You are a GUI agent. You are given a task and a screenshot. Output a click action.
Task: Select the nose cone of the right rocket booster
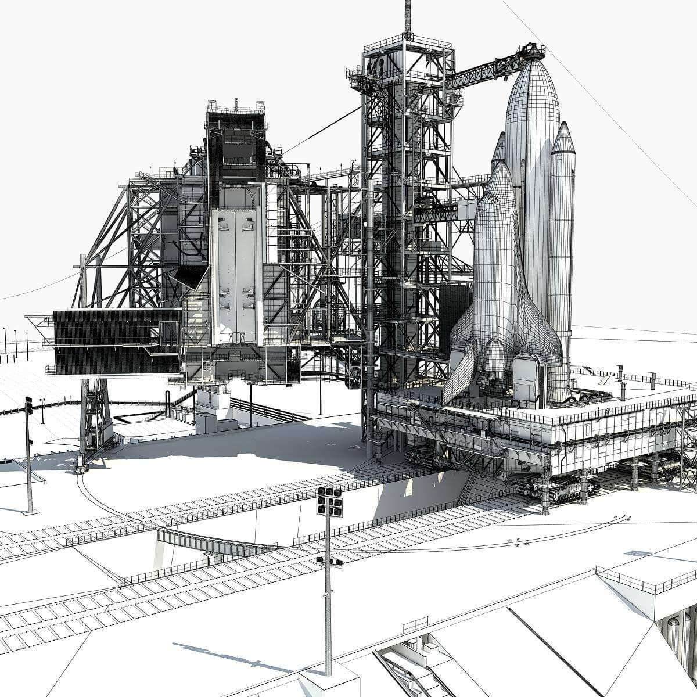(x=563, y=137)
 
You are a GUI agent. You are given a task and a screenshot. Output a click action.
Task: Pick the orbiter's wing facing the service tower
(x=459, y=372)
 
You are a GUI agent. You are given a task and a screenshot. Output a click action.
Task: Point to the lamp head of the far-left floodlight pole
(x=28, y=405)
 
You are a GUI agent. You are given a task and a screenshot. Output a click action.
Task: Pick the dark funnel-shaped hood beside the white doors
(x=192, y=276)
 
